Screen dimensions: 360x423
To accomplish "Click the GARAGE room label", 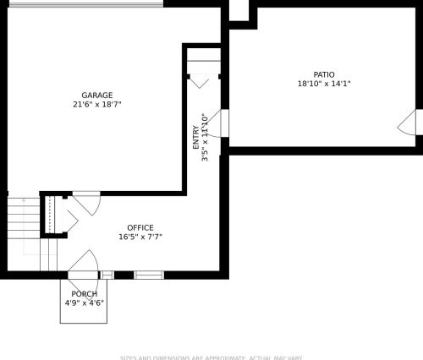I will pyautogui.click(x=97, y=95).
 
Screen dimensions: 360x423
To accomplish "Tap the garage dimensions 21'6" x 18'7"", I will pyautogui.click(x=97, y=105).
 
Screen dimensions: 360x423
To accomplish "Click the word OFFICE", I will pyautogui.click(x=140, y=227).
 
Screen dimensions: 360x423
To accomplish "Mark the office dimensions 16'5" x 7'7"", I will pyautogui.click(x=140, y=237).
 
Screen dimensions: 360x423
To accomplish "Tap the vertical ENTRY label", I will pyautogui.click(x=196, y=138).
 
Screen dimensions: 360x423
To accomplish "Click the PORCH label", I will pyautogui.click(x=84, y=293).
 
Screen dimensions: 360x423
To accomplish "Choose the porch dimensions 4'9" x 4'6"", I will pyautogui.click(x=84, y=303).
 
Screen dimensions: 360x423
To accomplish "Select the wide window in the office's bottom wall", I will pyautogui.click(x=148, y=275).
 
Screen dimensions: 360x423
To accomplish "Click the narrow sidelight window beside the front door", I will pyautogui.click(x=107, y=275).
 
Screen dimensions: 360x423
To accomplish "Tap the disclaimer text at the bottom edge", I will pyautogui.click(x=211, y=357).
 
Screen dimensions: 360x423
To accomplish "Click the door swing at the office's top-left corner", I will pyautogui.click(x=87, y=204).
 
